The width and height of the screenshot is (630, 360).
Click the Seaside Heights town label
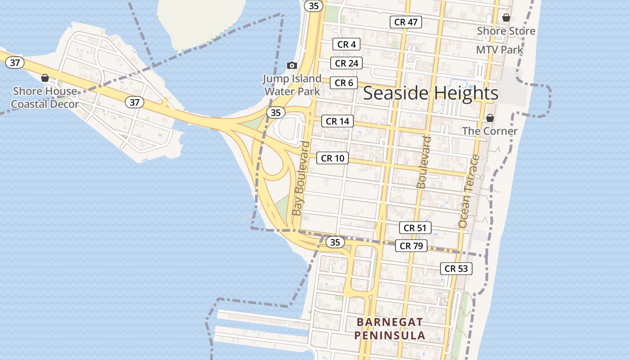click(431, 93)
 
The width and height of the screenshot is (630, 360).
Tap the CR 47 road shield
click(406, 22)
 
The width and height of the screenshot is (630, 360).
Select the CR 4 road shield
click(346, 44)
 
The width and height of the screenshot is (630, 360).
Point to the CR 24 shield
click(346, 63)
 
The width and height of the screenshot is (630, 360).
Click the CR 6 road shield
click(344, 83)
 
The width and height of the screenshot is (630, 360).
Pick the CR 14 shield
click(337, 121)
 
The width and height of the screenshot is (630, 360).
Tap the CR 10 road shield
click(333, 158)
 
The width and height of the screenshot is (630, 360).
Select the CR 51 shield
click(415, 228)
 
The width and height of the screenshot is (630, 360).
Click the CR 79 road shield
click(411, 246)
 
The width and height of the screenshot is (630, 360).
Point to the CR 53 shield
click(456, 269)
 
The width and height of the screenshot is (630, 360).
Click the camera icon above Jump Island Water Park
click(292, 66)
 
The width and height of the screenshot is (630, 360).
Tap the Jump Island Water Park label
click(292, 85)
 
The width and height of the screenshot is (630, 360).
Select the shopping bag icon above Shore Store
click(506, 18)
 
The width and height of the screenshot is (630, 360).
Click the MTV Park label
click(499, 49)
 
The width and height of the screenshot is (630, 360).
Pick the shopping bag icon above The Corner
click(490, 118)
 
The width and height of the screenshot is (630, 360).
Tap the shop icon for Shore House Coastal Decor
click(45, 78)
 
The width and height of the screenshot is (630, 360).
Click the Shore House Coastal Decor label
click(45, 98)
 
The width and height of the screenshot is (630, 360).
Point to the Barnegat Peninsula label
click(390, 328)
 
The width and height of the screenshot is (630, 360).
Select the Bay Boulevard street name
click(301, 179)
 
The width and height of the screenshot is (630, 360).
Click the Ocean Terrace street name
click(469, 191)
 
